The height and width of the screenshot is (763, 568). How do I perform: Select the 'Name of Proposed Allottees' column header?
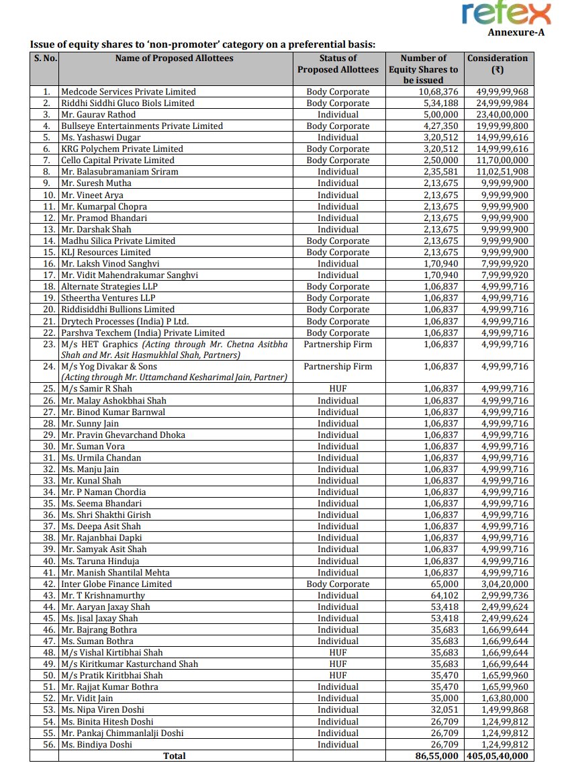pyautogui.click(x=175, y=58)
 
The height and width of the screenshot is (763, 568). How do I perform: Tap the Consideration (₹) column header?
pyautogui.click(x=498, y=64)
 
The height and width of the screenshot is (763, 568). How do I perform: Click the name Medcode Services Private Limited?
pyautogui.click(x=128, y=91)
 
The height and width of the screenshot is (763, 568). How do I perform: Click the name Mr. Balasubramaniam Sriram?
pyautogui.click(x=120, y=171)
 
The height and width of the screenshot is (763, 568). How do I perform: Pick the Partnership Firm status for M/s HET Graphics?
pyautogui.click(x=338, y=344)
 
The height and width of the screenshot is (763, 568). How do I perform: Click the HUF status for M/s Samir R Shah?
pyautogui.click(x=338, y=389)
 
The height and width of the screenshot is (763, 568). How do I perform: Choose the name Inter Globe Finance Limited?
pyautogui.click(x=116, y=584)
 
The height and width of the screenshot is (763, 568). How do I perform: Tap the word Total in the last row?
pyautogui.click(x=175, y=756)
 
